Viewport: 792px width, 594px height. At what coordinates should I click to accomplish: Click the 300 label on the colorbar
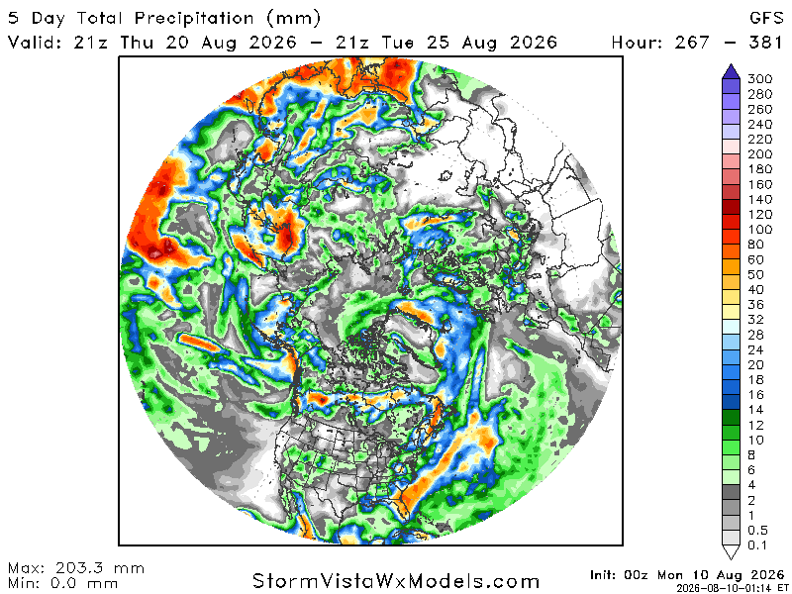tap(759, 79)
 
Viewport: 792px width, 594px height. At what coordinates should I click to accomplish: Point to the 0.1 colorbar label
tap(757, 545)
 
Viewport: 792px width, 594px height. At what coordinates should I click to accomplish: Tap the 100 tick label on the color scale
tap(759, 230)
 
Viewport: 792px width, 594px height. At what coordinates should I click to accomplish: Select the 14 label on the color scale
tap(755, 410)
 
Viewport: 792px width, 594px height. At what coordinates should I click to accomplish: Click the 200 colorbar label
tap(759, 154)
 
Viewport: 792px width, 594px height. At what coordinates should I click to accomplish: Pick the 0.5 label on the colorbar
tap(757, 531)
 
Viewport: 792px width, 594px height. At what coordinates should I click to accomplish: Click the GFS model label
tap(766, 18)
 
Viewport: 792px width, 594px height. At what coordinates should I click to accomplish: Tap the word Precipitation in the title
tap(194, 19)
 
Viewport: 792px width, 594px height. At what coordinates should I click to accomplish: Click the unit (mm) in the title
tap(293, 19)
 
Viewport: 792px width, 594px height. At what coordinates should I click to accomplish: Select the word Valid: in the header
tap(35, 42)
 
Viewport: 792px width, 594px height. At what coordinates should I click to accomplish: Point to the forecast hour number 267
tap(691, 42)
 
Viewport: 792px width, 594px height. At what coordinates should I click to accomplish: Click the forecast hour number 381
tap(765, 42)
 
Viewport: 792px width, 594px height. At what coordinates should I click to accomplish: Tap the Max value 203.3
tap(82, 568)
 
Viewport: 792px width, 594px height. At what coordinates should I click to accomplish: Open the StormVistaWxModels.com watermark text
tap(396, 581)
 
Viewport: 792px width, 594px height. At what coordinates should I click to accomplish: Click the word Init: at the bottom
tap(604, 575)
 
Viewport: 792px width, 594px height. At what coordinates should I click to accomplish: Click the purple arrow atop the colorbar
tap(731, 71)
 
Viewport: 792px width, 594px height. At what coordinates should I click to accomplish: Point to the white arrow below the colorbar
tap(731, 552)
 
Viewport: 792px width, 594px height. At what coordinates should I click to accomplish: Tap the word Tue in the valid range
tap(398, 42)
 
